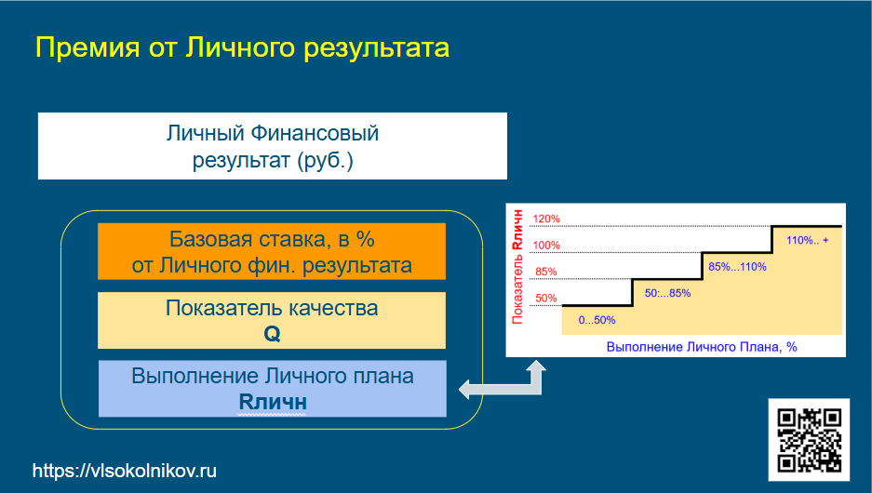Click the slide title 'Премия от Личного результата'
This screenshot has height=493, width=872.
click(x=243, y=48)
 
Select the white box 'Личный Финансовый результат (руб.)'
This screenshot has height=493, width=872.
click(x=273, y=146)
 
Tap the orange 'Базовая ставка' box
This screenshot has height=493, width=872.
click(x=272, y=251)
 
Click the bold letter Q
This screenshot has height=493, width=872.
click(x=272, y=334)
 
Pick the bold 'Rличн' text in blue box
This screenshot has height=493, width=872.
click(x=273, y=402)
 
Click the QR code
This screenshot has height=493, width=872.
click(x=809, y=440)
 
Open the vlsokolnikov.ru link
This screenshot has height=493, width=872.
click(x=125, y=471)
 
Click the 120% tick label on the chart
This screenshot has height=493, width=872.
click(x=546, y=219)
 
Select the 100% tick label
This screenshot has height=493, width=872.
click(x=546, y=246)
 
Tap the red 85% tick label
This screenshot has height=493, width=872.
click(x=546, y=272)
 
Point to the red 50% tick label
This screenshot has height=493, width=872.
click(x=546, y=299)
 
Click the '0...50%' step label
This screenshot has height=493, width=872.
click(x=597, y=320)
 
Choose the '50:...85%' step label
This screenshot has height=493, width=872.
click(x=667, y=293)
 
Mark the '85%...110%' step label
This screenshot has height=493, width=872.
click(x=737, y=267)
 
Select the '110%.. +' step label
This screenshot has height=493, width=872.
click(x=808, y=240)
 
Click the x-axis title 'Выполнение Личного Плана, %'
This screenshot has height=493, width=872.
click(x=702, y=347)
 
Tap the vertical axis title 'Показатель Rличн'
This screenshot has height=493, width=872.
click(x=517, y=267)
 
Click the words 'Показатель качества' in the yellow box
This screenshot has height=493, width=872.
click(x=272, y=308)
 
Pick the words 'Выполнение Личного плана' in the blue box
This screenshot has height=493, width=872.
click(x=273, y=377)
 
